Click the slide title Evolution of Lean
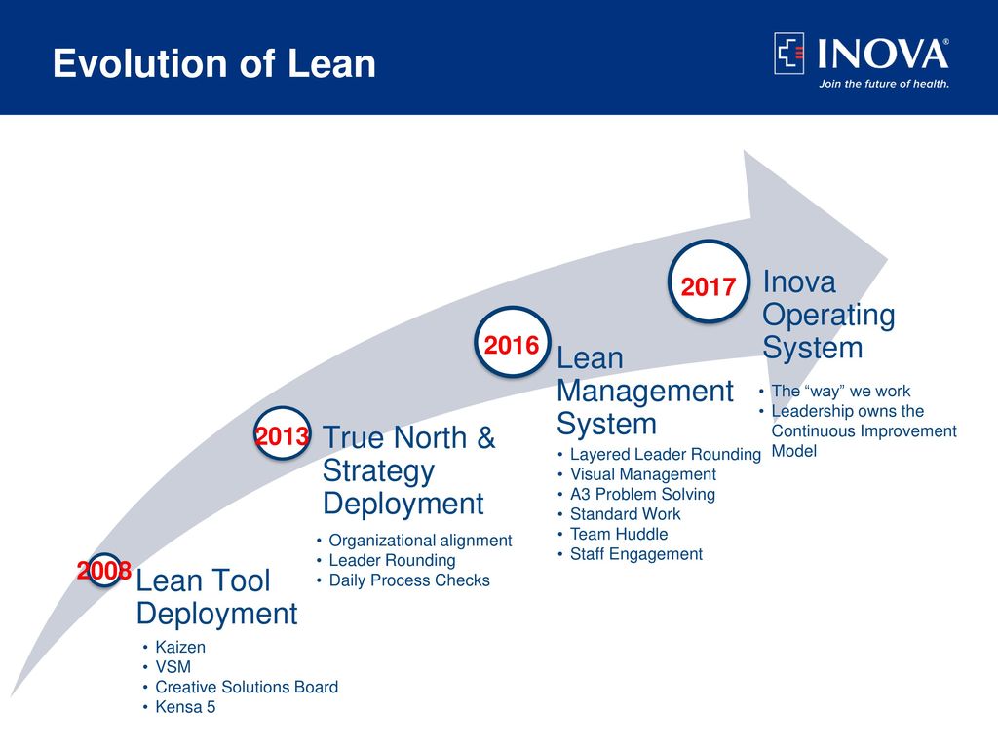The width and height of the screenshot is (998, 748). pos(214,63)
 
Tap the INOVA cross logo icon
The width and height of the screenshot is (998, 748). pos(789,54)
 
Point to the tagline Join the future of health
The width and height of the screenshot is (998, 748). pos(883,84)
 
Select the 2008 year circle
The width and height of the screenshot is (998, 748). pos(103,570)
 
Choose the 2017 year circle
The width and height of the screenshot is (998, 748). pos(709,281)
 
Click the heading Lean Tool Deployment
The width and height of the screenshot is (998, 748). pos(216,597)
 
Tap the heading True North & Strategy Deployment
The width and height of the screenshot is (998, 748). pos(408,470)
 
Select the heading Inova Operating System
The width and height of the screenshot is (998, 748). pos(828,315)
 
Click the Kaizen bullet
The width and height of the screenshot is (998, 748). pos(180,647)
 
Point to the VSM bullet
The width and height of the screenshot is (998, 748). pos(173,666)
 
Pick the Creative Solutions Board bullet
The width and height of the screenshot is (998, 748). pos(247,687)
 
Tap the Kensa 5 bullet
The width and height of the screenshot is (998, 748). pos(185,707)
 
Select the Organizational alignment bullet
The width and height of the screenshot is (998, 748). pos(420,541)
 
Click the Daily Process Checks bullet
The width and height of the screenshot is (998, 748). pos(409,580)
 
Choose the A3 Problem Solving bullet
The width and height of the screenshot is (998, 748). pos(643,494)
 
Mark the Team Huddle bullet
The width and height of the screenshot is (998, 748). pos(619,534)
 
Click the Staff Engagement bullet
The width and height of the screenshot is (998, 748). pos(636,554)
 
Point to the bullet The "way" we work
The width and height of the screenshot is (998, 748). pos(841,392)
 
